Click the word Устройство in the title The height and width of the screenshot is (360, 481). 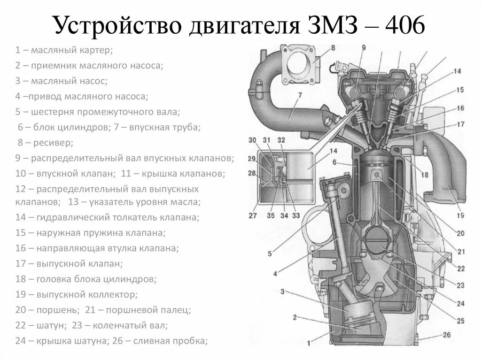pos(118,26)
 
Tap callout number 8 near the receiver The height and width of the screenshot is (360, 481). pos(333,47)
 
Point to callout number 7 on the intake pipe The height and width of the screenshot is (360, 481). pos(299,96)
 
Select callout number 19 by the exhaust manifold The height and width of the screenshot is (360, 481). pos(459,215)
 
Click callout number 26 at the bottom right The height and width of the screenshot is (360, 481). pos(446,335)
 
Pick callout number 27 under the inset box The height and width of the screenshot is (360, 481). pos(252,216)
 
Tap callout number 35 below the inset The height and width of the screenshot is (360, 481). pos(271,216)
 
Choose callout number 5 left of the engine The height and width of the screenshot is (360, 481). pos(270,254)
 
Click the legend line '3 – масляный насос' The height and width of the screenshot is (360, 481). pos(61,81)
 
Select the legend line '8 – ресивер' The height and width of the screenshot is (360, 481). pos(45,142)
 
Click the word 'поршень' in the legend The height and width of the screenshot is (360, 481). pos(61,310)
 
